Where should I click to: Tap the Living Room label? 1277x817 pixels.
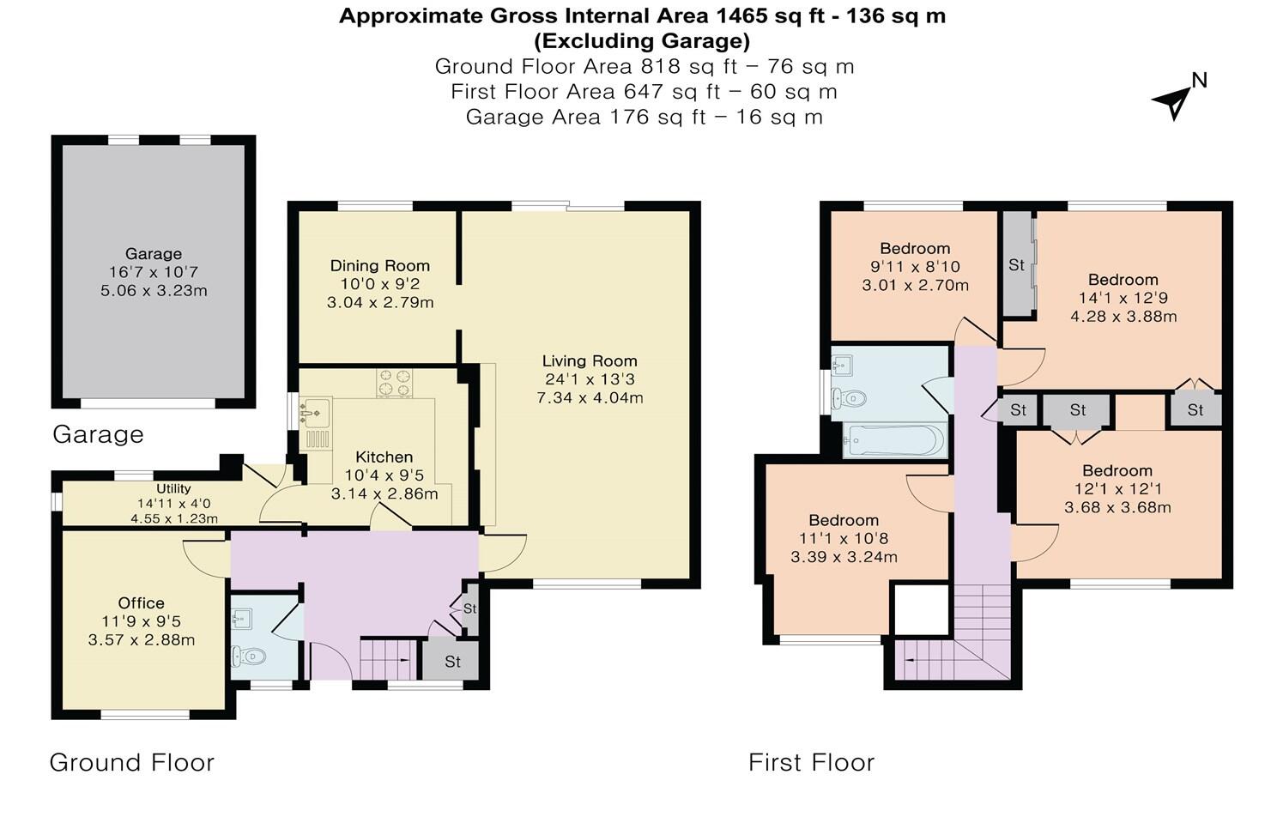pos(590,361)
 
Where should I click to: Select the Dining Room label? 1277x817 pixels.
pos(379,266)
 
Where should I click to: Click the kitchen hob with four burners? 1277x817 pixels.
pos(394,383)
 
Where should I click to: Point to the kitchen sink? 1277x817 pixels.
pos(315,412)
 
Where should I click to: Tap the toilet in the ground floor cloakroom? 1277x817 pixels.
pos(249,657)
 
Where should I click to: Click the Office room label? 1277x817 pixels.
pos(141,603)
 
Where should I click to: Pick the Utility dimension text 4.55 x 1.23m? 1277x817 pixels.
pos(174,519)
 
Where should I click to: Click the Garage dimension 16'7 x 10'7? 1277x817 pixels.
pos(154,272)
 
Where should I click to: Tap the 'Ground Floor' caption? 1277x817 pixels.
pos(131,762)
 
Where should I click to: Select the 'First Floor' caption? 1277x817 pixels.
pos(811,762)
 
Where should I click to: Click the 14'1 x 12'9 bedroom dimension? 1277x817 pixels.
pos(1123,298)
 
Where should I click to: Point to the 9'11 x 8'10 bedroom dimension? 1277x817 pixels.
pos(915,266)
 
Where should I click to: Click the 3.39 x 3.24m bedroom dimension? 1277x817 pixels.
pos(844,556)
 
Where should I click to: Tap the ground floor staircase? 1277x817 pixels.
pos(388,659)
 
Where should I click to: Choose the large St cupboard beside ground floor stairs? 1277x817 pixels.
pos(452,660)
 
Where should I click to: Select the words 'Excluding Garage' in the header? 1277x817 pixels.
pos(642,41)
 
